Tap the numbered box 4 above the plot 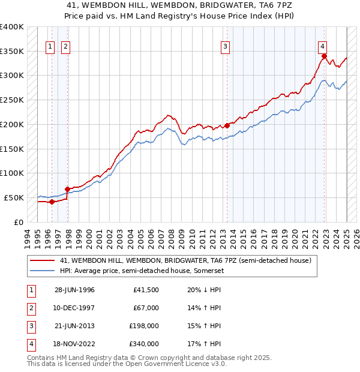coord(322,46)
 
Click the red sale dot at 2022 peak coord(324,56)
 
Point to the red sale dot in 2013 coord(227,125)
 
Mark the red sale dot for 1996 coord(52,202)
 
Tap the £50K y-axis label coord(14,197)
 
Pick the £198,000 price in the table coord(145,326)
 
